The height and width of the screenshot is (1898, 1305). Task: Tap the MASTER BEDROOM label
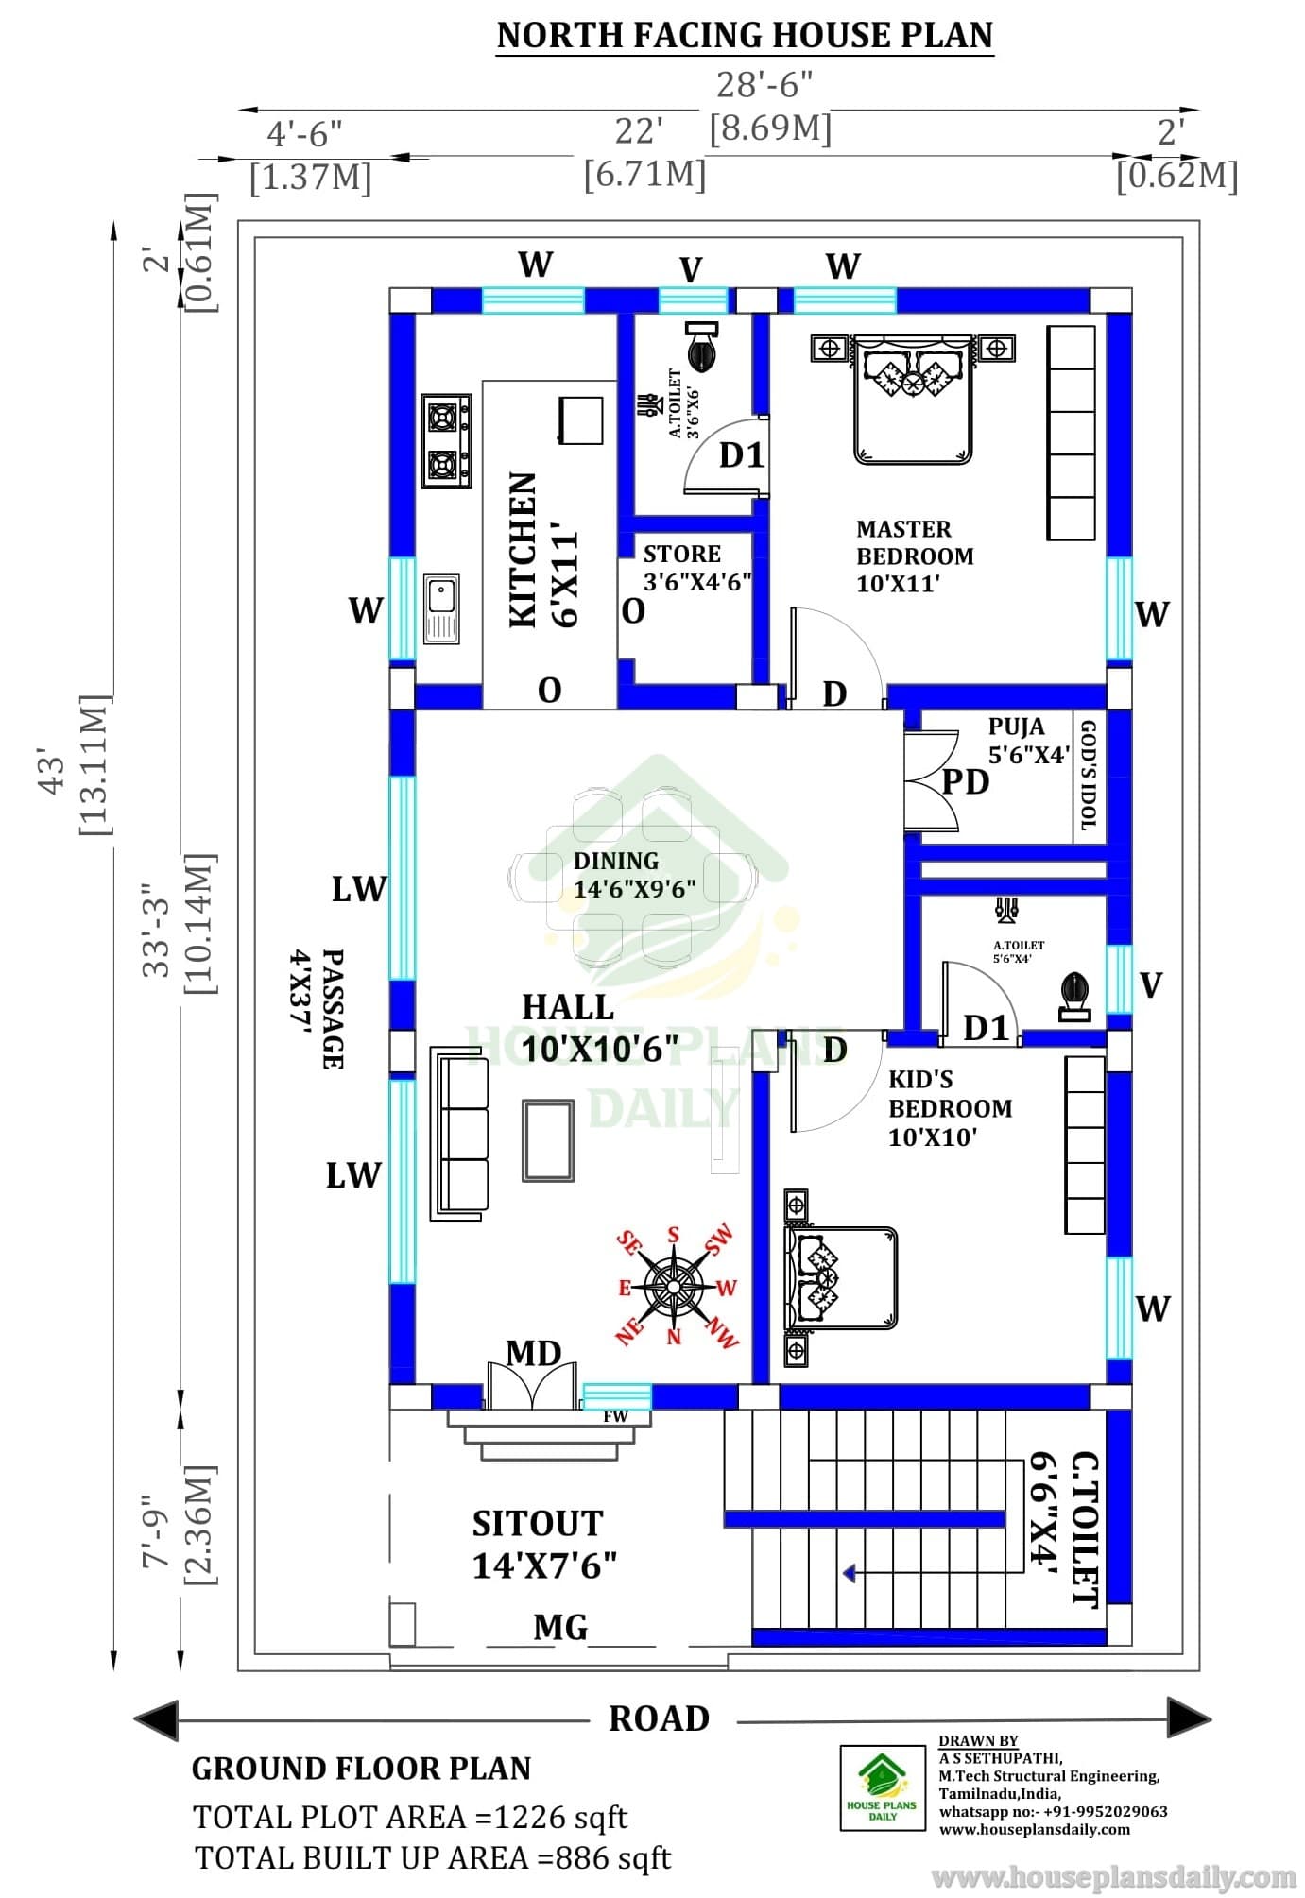pos(915,542)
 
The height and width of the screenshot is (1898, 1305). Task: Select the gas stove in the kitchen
pos(447,441)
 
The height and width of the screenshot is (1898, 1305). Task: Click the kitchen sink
pos(441,608)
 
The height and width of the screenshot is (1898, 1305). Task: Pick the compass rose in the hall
pos(674,1286)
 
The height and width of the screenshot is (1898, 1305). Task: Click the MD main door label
pos(534,1354)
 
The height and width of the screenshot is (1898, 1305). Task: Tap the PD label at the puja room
pos(966,782)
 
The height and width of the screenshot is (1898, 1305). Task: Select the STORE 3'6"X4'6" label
pos(697,567)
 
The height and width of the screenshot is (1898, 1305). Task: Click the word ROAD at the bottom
pos(659,1718)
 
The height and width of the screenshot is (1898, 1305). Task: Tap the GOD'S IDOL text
pos(1088,776)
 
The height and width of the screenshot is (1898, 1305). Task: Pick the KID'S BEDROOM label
pos(950,1094)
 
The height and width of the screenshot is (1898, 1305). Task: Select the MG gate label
pos(560,1627)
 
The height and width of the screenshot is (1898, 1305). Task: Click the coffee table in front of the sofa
pos(548,1140)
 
